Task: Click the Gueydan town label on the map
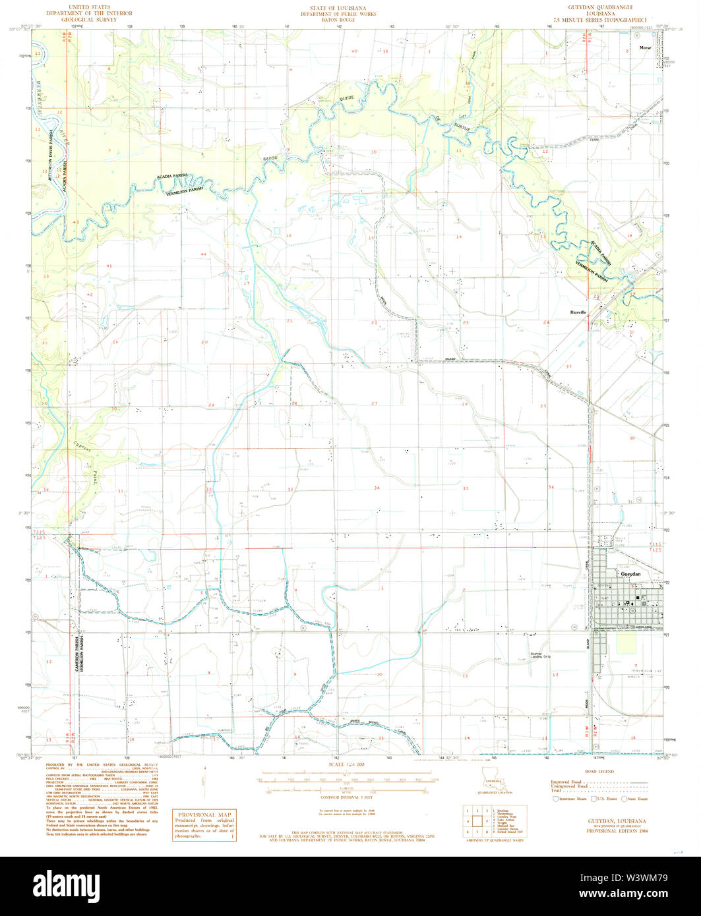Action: (632, 574)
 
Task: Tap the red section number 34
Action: (377, 488)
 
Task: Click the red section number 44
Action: (203, 254)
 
